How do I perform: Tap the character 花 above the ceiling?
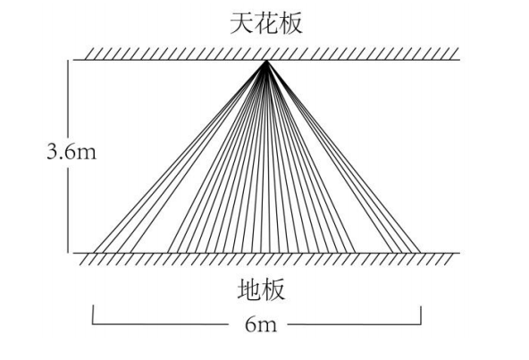pyautogui.click(x=266, y=23)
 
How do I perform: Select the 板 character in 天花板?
pyautogui.click(x=290, y=23)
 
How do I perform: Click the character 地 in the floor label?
pyautogui.click(x=249, y=289)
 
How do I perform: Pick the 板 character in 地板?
pyautogui.click(x=273, y=289)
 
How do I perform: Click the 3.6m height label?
pyautogui.click(x=71, y=152)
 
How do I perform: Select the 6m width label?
pyautogui.click(x=261, y=325)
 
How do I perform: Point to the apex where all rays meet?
pyautogui.click(x=266, y=61)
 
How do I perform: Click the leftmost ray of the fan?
pyautogui.click(x=181, y=156)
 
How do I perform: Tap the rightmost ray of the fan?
pyautogui.click(x=343, y=156)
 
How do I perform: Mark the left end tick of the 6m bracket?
pyautogui.click(x=93, y=314)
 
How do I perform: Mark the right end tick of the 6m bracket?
pyautogui.click(x=421, y=315)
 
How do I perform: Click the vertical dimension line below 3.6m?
pyautogui.click(x=68, y=211)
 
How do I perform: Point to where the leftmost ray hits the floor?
pyautogui.click(x=94, y=253)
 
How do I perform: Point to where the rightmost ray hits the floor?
pyautogui.click(x=420, y=253)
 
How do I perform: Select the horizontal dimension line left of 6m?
pyautogui.click(x=160, y=324)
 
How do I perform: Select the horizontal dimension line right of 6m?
pyautogui.click(x=354, y=324)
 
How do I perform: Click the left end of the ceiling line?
pyautogui.click(x=73, y=60)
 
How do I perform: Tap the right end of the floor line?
pyautogui.click(x=460, y=253)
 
